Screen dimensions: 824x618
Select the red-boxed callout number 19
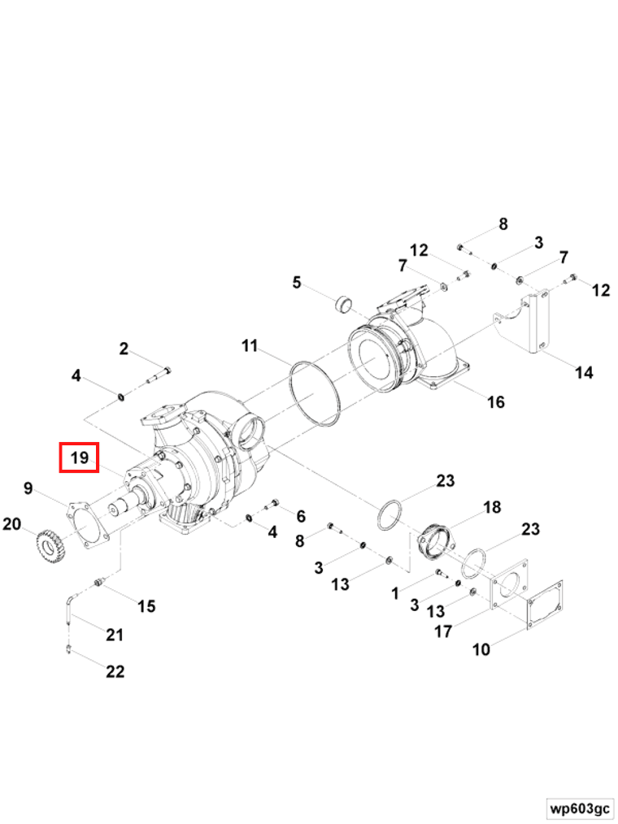click(x=79, y=458)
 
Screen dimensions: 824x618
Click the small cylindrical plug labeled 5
click(x=346, y=307)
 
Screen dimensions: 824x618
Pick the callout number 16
click(x=495, y=401)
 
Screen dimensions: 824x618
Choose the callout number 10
click(x=481, y=649)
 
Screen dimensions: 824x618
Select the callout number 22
click(x=115, y=671)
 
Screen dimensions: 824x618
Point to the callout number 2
click(x=124, y=349)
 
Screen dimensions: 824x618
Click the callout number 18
click(x=492, y=508)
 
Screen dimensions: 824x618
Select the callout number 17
click(x=443, y=631)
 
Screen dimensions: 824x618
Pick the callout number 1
click(x=395, y=594)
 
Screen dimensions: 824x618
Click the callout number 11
click(x=249, y=346)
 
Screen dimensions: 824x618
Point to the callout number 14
click(x=584, y=373)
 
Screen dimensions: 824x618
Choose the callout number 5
click(x=297, y=283)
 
